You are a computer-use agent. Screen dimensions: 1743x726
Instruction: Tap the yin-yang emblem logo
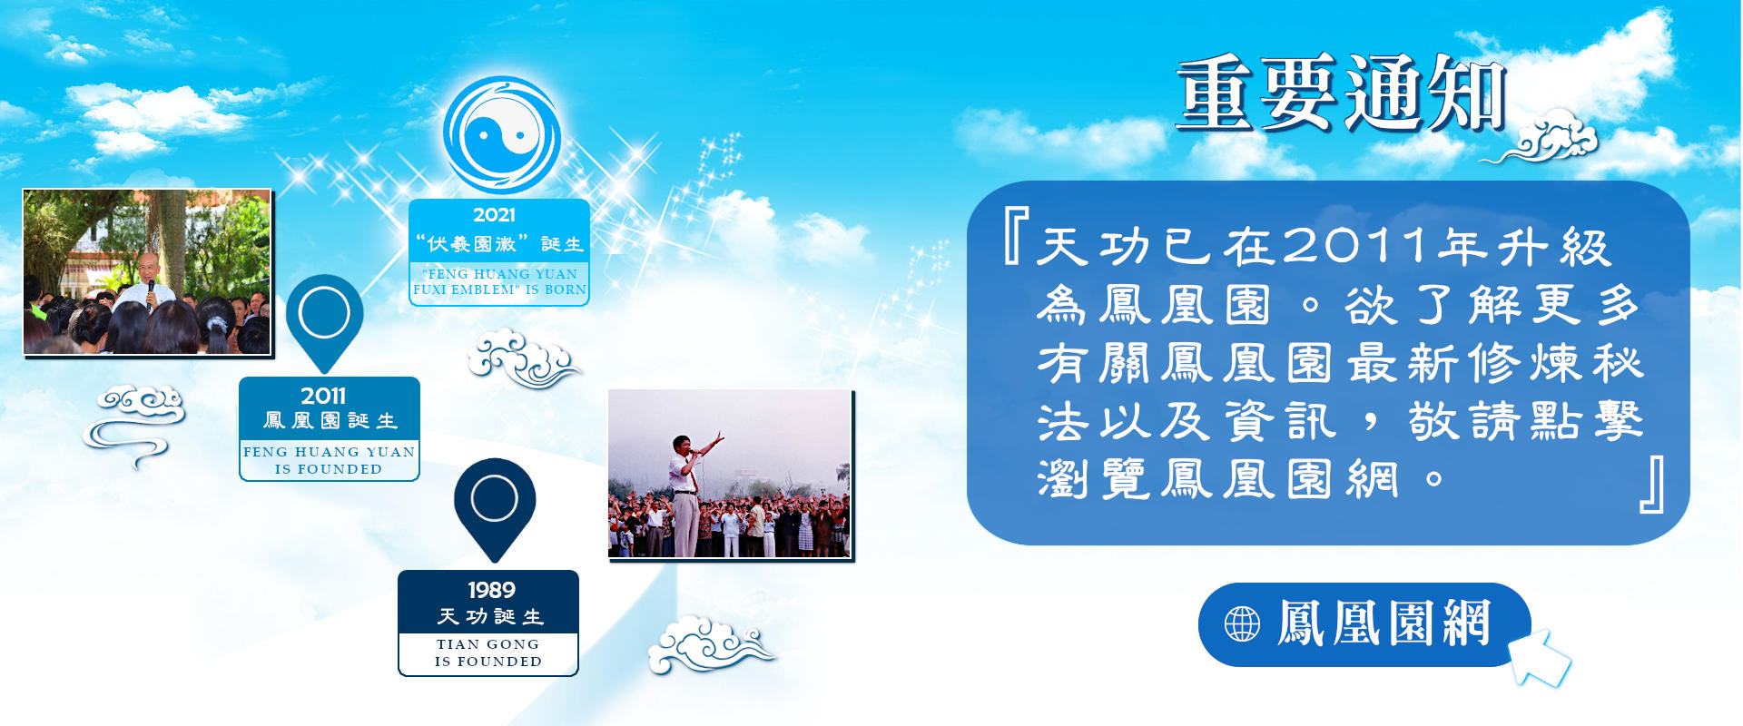pos(501,135)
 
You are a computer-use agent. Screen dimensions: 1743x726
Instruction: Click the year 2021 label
pos(494,215)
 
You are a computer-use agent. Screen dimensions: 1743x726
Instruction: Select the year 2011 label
pos(323,396)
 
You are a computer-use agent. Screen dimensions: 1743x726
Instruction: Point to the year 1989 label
pos(491,590)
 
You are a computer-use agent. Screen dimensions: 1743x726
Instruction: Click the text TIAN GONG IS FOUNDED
pos(488,652)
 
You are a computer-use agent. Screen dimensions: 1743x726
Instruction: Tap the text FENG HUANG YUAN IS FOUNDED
pos(329,460)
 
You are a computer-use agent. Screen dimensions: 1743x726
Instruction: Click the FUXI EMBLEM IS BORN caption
pos(499,281)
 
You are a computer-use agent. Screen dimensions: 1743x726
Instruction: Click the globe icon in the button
pos(1242,624)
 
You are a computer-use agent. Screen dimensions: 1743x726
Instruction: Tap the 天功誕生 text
pos(490,617)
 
